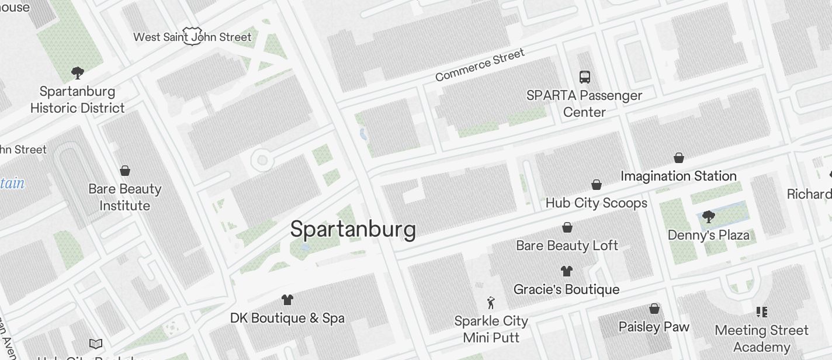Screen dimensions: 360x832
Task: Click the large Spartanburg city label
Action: click(352, 229)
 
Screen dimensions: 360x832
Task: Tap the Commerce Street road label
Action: click(480, 65)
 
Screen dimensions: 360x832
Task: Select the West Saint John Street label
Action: click(192, 37)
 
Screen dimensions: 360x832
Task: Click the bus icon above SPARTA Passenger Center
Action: click(584, 77)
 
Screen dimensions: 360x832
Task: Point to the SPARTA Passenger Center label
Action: click(584, 103)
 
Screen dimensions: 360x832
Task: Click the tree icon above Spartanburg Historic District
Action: click(77, 73)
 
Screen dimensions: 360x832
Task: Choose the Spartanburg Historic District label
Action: click(77, 99)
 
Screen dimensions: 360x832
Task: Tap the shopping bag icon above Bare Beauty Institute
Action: click(124, 171)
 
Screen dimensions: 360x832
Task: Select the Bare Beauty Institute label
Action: click(124, 197)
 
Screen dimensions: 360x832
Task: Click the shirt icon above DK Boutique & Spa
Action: click(287, 300)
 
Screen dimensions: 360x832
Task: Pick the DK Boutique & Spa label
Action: click(287, 319)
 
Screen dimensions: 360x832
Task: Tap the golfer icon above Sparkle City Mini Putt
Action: click(491, 303)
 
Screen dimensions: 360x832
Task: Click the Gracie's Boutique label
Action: click(566, 289)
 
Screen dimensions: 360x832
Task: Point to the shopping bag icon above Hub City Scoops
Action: click(597, 185)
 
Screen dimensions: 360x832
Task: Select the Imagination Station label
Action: click(678, 176)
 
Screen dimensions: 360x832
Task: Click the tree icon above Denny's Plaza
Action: click(709, 217)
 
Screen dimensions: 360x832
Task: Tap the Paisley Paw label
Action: click(654, 327)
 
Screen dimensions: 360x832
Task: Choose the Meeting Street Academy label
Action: click(761, 338)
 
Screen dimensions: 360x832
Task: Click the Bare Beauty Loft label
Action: click(567, 245)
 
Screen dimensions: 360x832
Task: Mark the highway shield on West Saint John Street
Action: click(192, 35)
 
